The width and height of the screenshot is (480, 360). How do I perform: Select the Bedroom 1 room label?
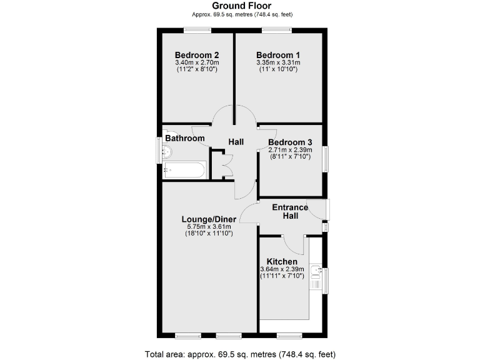[278, 54]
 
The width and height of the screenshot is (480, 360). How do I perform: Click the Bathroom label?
[185, 138]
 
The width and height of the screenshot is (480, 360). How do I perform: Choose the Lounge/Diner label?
[209, 219]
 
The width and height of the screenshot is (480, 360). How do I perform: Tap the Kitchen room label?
[282, 261]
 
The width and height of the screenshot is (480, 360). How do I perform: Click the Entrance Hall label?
[290, 211]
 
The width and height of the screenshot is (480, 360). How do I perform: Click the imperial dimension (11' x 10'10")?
[278, 69]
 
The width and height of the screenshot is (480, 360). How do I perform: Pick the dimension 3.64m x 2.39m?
[282, 269]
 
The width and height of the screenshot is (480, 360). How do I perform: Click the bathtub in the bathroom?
[184, 170]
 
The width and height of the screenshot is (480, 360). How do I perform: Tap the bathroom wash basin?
[167, 151]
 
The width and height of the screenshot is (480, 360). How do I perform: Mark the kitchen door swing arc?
[294, 246]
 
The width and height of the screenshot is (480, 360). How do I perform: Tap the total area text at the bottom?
[239, 354]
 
